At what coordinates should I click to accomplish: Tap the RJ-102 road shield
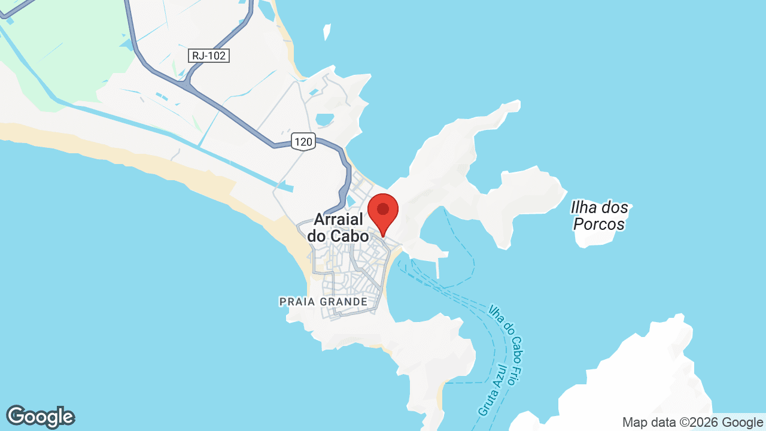coord(209,56)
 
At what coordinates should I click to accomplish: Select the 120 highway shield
coord(303,142)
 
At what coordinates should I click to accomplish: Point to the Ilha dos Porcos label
coord(600,216)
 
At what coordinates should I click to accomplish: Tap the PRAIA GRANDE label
coord(323,302)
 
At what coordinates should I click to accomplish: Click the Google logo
coord(40,417)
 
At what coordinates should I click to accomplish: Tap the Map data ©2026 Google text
coord(693,422)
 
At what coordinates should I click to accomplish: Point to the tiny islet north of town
coord(327,31)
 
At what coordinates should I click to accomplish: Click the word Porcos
coord(599,224)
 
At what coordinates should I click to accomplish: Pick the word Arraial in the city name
coord(339,220)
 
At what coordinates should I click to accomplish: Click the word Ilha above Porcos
coord(585,208)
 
